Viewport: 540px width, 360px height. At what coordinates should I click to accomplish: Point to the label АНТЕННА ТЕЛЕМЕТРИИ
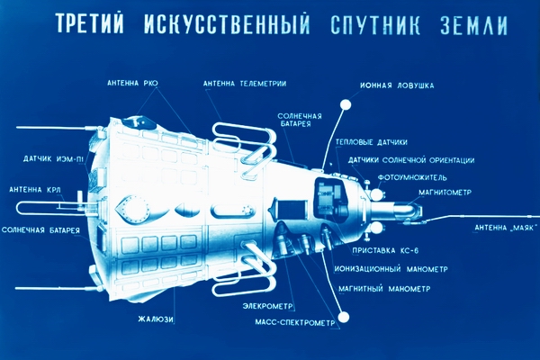(244, 84)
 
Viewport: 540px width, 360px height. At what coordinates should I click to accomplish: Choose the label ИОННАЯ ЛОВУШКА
(397, 86)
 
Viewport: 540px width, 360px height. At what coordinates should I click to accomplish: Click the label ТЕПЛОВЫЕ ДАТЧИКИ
(371, 142)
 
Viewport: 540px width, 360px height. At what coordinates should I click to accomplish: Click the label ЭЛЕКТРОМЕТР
(270, 306)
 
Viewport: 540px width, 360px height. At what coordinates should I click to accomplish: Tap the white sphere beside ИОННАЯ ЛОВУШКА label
(345, 105)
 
